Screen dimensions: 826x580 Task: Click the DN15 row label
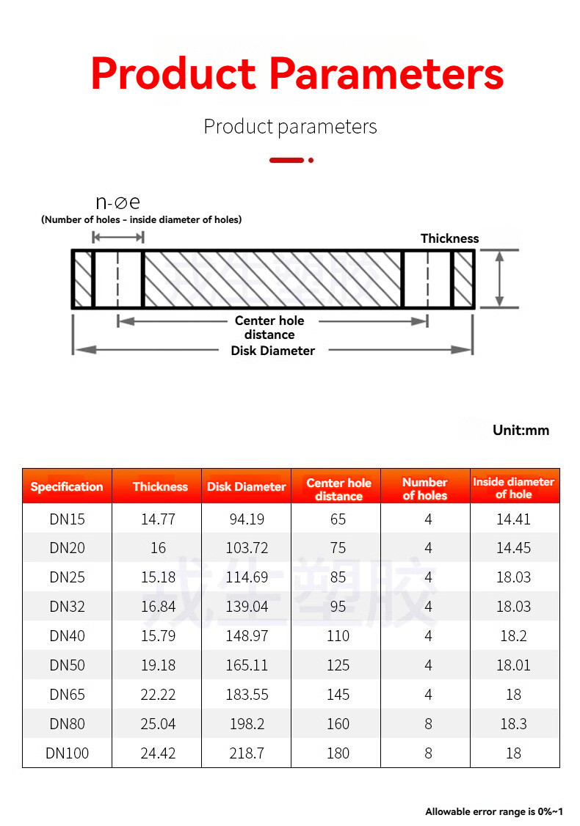(x=68, y=519)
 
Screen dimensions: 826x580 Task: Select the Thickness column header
(x=160, y=486)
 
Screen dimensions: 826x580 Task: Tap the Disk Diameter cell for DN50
(x=247, y=665)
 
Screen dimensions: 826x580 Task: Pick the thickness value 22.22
(x=158, y=695)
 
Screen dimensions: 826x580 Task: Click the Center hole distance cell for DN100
(x=338, y=753)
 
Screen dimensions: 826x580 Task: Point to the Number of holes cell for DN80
(x=428, y=724)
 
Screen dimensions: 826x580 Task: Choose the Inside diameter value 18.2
(x=513, y=636)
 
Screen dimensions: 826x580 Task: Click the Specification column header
(x=67, y=486)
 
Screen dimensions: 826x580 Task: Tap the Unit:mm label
(x=521, y=430)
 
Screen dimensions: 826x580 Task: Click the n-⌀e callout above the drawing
(x=117, y=202)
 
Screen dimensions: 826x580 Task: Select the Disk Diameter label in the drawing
(x=272, y=351)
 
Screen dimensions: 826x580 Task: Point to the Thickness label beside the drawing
(x=449, y=238)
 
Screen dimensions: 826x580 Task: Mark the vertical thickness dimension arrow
(x=500, y=279)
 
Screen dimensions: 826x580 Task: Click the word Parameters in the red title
(x=386, y=74)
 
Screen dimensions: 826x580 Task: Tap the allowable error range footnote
(x=494, y=811)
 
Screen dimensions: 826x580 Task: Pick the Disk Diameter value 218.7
(x=247, y=753)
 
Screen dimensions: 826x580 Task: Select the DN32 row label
(x=68, y=607)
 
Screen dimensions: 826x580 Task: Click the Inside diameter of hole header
(x=513, y=488)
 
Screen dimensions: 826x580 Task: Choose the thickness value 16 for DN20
(x=158, y=548)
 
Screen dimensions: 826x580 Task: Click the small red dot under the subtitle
(x=311, y=160)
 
